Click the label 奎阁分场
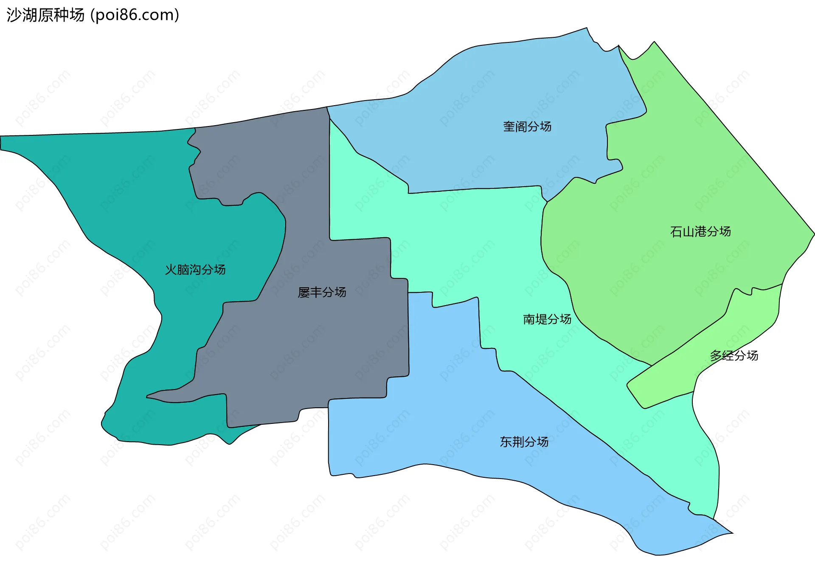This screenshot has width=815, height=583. (x=527, y=126)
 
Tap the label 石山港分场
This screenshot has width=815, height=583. (x=700, y=232)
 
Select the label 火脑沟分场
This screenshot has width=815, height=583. (x=195, y=269)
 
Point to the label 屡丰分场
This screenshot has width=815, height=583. (x=322, y=292)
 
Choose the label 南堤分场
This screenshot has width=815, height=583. (x=547, y=319)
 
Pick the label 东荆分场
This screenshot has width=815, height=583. (x=524, y=442)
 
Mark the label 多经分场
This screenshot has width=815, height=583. (x=734, y=356)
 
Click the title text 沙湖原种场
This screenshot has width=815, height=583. (x=46, y=15)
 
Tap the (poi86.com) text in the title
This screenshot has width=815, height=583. (x=135, y=15)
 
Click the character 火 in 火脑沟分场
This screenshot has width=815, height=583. (x=171, y=269)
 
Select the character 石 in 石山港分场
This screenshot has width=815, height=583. (x=676, y=232)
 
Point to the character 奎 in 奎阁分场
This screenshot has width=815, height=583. (x=509, y=126)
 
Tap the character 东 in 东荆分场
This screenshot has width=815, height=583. (x=506, y=442)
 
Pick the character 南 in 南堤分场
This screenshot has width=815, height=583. (x=529, y=319)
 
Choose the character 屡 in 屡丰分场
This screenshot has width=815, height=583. (x=304, y=292)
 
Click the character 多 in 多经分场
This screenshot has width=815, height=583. (x=716, y=356)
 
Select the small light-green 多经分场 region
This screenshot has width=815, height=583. (x=679, y=373)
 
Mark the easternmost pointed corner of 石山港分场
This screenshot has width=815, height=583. (x=814, y=233)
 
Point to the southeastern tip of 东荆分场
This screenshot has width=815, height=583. (x=732, y=533)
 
